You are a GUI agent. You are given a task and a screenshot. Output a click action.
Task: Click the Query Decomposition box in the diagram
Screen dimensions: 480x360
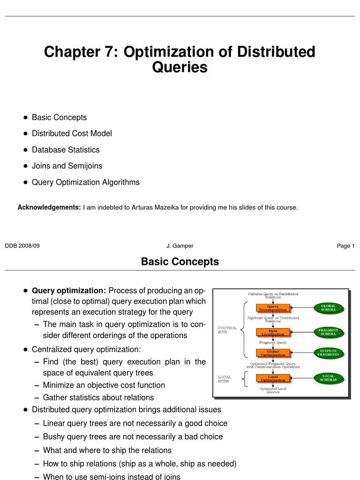point(273,308)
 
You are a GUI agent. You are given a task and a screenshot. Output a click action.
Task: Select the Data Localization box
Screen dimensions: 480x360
point(273,332)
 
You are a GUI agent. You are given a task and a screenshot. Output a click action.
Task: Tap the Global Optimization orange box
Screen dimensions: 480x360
point(273,353)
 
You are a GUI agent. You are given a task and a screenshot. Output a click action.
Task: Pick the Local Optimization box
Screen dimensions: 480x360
point(273,378)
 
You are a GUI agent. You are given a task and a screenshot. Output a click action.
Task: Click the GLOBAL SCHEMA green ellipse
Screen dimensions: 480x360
point(328,307)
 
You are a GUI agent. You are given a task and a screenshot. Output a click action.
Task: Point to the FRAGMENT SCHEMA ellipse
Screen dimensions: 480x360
point(328,332)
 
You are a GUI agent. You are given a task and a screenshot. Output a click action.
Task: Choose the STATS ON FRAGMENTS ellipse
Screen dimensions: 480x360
point(328,352)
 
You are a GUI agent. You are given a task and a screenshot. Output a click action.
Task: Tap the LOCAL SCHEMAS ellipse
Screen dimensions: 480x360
point(328,378)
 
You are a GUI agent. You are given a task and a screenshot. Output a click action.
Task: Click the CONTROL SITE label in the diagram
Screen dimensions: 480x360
point(227,330)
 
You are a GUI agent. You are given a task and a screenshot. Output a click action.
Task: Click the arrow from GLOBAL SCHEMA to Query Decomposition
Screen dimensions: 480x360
point(302,308)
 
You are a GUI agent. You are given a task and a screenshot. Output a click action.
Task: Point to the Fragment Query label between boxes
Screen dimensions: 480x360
point(273,343)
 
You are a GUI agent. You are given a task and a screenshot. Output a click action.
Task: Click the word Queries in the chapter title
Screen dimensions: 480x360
point(180,67)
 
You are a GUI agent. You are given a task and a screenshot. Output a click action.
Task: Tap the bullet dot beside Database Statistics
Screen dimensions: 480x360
point(25,150)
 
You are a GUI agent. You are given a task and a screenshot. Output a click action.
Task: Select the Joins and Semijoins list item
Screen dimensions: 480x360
point(67,166)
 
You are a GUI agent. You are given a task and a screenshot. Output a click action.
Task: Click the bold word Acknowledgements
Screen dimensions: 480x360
point(49,207)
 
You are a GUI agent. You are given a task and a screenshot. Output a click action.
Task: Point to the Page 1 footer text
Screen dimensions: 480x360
point(345,246)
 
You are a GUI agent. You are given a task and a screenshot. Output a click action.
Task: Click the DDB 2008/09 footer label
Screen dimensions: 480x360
point(22,246)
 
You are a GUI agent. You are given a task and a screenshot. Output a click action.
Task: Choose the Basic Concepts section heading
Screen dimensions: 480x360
point(180,262)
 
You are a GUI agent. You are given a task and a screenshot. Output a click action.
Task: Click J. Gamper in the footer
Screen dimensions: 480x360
point(180,246)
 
